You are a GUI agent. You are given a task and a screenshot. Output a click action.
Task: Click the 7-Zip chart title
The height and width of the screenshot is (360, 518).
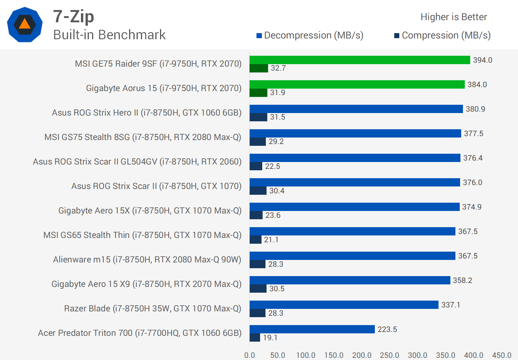[73, 16]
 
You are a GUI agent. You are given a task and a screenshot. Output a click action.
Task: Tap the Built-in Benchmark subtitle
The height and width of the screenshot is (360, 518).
[109, 35]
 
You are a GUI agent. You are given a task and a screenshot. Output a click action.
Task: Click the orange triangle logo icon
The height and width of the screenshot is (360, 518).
[24, 24]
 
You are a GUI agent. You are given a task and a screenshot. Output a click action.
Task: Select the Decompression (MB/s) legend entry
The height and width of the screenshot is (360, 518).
[310, 35]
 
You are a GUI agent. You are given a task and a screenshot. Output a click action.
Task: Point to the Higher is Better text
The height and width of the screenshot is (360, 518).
[453, 17]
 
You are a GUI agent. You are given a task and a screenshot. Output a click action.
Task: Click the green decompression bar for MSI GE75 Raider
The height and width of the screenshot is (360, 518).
[360, 60]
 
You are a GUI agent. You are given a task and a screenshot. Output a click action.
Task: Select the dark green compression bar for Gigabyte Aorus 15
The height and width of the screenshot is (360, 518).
[258, 93]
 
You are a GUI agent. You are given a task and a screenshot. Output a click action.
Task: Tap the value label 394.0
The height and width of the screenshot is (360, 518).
[482, 60]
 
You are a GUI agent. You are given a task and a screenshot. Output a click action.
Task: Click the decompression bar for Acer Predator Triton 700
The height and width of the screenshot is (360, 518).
[312, 329]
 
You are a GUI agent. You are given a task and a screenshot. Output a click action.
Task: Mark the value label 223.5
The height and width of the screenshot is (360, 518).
[387, 329]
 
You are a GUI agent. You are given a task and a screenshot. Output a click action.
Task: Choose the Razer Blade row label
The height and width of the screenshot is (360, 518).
[153, 309]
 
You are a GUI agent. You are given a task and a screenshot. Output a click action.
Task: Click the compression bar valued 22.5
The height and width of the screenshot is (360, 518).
[256, 166]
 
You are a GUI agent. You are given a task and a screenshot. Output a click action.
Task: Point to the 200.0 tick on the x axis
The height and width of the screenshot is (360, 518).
[362, 355]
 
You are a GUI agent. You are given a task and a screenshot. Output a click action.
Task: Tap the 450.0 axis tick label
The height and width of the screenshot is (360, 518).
[501, 355]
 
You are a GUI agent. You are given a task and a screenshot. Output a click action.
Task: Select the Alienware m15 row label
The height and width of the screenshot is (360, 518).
[147, 260]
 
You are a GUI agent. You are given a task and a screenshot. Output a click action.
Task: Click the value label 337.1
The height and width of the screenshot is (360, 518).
[450, 305]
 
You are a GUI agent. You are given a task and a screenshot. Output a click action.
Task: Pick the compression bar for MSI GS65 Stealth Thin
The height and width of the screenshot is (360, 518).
[255, 239]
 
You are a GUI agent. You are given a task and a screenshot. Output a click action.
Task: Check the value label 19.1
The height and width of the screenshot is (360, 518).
[270, 338]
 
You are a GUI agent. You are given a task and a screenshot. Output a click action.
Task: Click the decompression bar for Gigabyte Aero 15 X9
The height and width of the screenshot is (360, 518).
[350, 280]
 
